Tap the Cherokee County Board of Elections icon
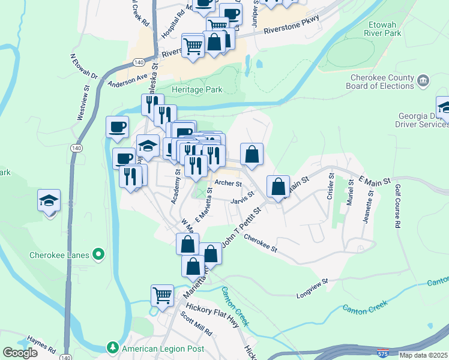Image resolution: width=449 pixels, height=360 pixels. click(423, 80)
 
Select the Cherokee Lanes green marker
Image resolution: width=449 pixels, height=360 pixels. click(99, 255)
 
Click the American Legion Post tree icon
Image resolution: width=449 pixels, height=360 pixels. click(112, 347)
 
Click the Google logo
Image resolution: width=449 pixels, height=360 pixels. click(20, 353)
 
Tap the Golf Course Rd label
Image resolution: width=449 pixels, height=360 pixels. click(397, 206)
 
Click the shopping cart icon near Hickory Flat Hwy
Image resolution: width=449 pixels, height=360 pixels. click(162, 295)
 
